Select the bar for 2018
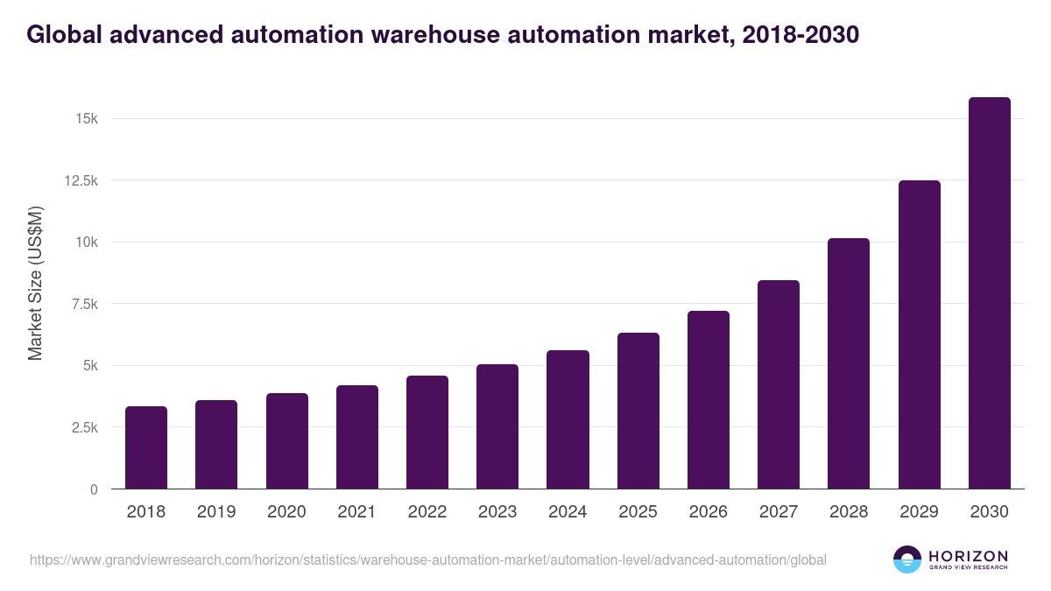(x=146, y=447)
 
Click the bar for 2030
(x=989, y=293)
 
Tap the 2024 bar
(x=568, y=419)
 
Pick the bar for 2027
(x=779, y=384)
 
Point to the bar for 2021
(x=357, y=437)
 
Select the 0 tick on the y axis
(x=93, y=489)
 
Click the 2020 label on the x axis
(x=286, y=512)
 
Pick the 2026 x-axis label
(x=708, y=512)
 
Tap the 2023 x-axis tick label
(x=497, y=512)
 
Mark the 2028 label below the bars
(x=849, y=512)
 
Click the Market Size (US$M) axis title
(x=35, y=284)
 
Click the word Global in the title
(x=68, y=34)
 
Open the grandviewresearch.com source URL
(x=427, y=559)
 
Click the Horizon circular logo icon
(x=906, y=559)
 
